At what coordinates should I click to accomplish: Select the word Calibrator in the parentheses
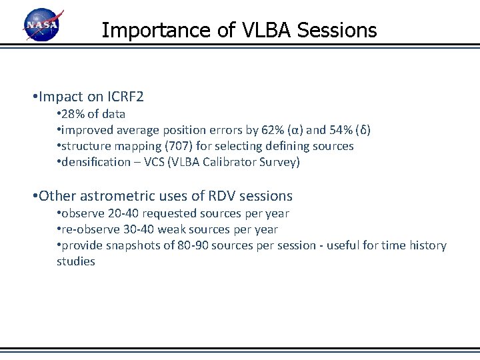pyautogui.click(x=225, y=162)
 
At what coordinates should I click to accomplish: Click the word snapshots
pyautogui.click(x=136, y=245)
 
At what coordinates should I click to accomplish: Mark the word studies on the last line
pyautogui.click(x=75, y=261)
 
